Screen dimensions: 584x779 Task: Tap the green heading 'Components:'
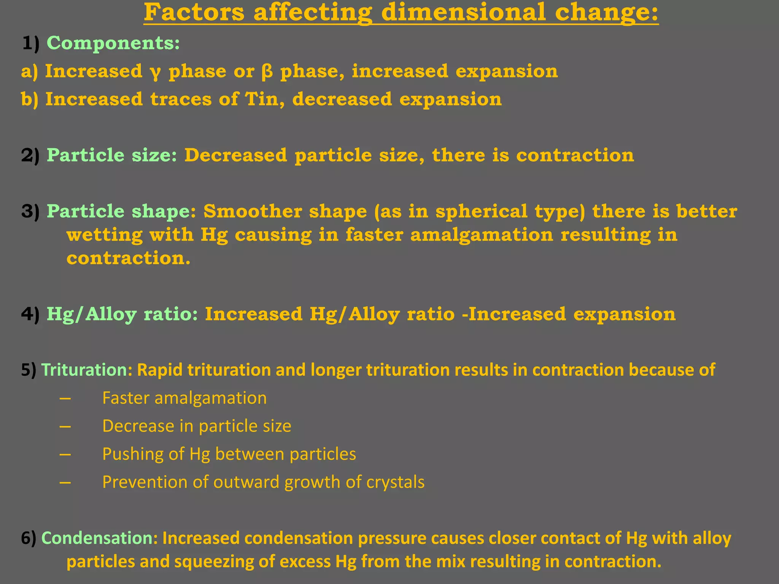[113, 43]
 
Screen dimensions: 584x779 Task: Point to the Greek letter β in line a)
[267, 71]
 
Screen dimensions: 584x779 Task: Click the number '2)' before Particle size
[30, 156]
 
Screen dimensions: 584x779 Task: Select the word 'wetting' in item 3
[105, 235]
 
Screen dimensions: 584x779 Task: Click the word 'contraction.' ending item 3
[128, 258]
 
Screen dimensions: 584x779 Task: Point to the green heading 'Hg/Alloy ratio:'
[122, 314]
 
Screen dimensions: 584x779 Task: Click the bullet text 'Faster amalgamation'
[184, 398]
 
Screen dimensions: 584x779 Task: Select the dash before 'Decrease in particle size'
[65, 426]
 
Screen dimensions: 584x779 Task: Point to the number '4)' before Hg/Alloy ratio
[30, 314]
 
